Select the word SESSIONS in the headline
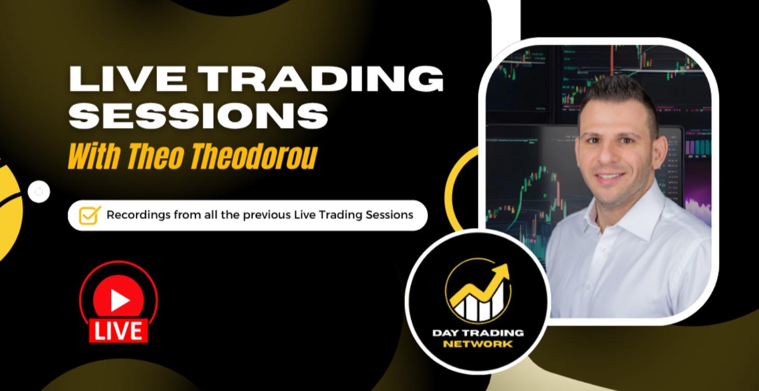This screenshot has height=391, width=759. pyautogui.click(x=199, y=115)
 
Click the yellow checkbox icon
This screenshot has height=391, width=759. pyautogui.click(x=89, y=215)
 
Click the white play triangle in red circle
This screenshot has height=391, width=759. pyautogui.click(x=119, y=300)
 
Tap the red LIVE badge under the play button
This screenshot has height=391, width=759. pyautogui.click(x=119, y=331)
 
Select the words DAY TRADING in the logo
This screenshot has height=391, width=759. pyautogui.click(x=478, y=333)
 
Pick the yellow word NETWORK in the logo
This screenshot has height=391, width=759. pyautogui.click(x=478, y=344)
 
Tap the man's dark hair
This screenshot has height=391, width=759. pyautogui.click(x=619, y=94)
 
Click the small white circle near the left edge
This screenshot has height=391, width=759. pyautogui.click(x=39, y=192)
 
